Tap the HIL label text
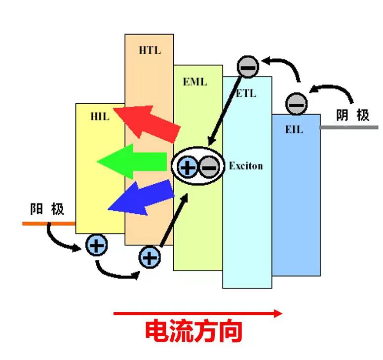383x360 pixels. tap(99, 117)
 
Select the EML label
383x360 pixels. tap(195, 81)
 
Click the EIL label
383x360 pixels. tap(294, 130)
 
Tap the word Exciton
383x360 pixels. tap(246, 166)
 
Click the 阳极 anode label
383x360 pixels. tap(47, 209)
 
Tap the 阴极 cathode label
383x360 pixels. tap(352, 116)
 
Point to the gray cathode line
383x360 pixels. tap(348, 127)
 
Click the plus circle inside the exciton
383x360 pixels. tap(187, 167)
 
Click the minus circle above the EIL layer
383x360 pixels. tap(297, 103)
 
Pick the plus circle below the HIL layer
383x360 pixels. tap(96, 245)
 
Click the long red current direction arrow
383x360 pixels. tap(197, 313)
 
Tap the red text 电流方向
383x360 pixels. tap(193, 332)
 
